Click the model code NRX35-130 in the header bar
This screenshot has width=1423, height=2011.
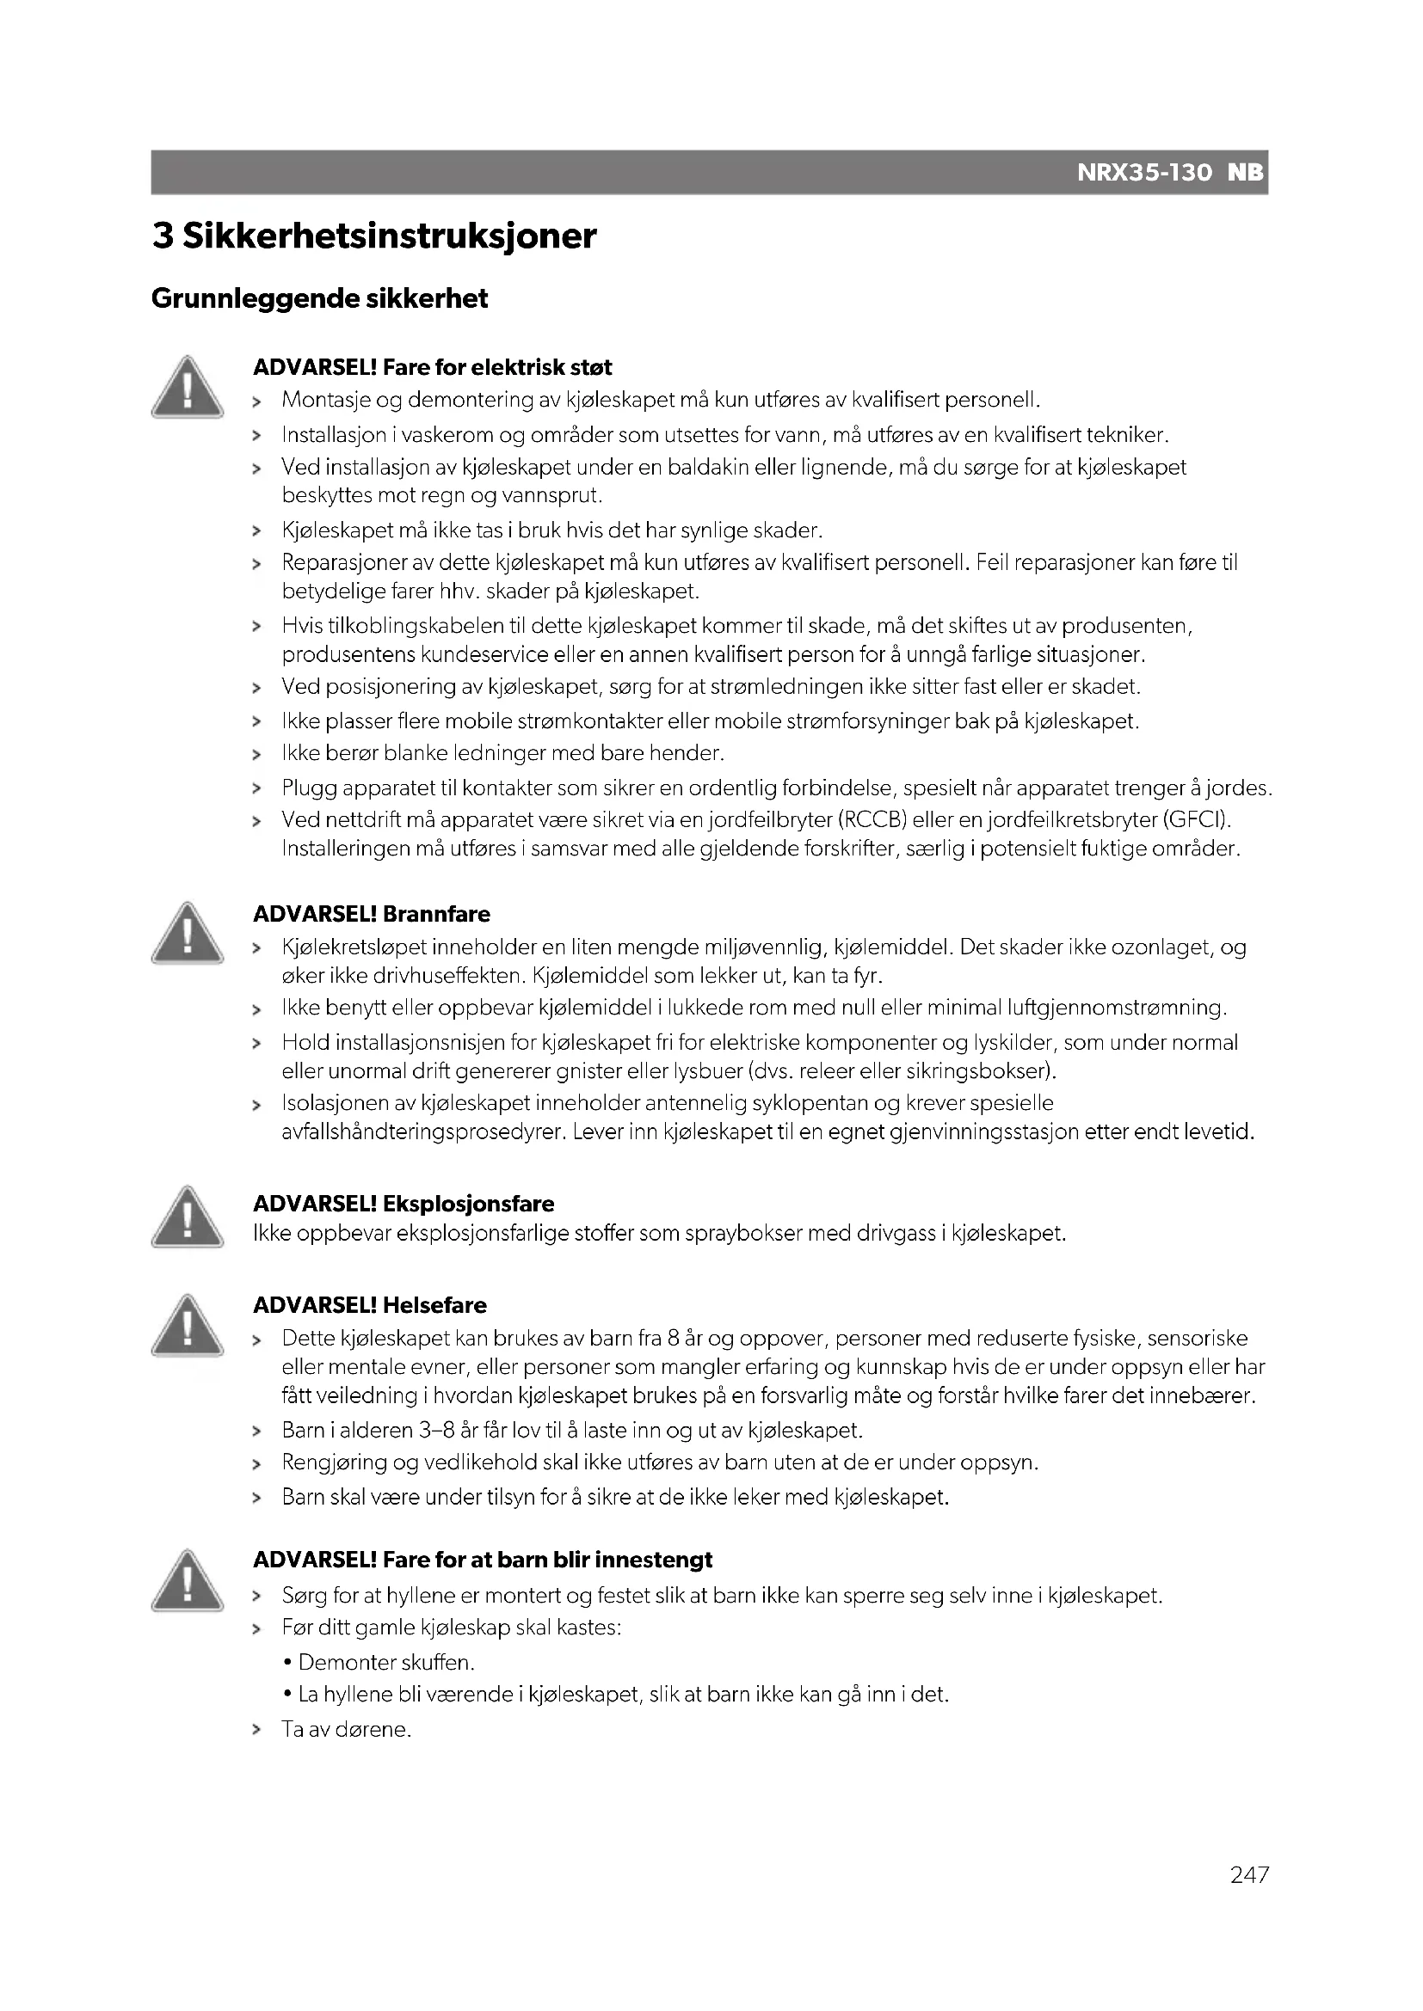(1143, 173)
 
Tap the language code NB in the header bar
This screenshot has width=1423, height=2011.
(1246, 173)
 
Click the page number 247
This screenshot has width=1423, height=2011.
(1248, 1900)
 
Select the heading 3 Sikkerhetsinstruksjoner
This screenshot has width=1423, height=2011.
(374, 236)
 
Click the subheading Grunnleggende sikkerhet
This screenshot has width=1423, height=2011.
(320, 298)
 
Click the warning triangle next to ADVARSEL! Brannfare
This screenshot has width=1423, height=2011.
(187, 934)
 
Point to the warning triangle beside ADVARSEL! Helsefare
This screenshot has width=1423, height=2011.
(187, 1325)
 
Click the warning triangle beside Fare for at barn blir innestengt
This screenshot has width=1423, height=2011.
(187, 1580)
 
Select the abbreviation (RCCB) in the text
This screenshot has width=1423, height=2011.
(872, 821)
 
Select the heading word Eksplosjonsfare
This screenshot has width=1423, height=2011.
(469, 1205)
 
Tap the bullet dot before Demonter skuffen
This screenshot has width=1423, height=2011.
(287, 1663)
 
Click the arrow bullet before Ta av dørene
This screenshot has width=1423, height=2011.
(256, 1730)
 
